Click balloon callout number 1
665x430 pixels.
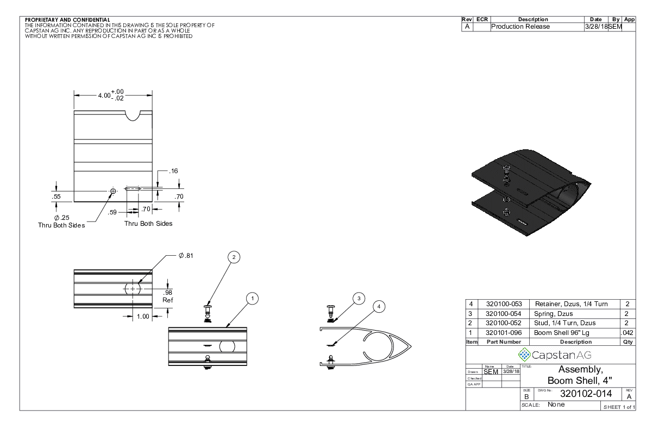252,298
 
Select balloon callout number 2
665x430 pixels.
233,257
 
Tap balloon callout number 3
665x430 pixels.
357,298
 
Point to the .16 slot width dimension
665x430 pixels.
173,171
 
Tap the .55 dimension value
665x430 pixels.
56,197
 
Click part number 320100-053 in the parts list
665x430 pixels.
503,304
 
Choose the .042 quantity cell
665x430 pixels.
627,333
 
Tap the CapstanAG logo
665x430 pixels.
550,355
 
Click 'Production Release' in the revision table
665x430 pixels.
520,27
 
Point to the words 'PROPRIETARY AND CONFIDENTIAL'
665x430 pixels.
67,20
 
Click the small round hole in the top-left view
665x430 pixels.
113,191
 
